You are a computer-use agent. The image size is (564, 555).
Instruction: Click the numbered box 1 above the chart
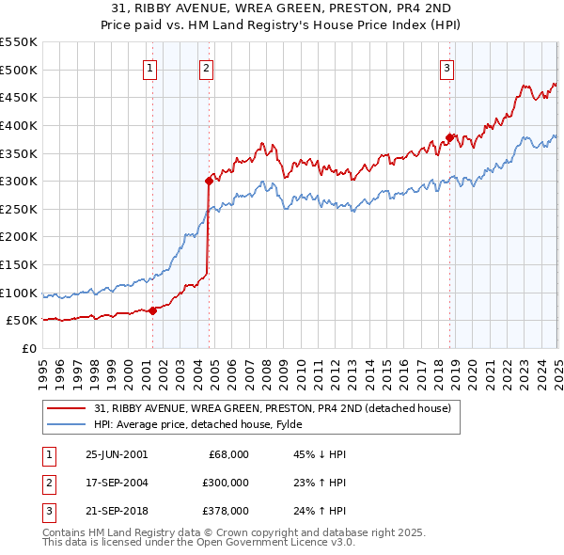[150, 67]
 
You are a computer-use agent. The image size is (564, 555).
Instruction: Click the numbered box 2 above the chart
[206, 67]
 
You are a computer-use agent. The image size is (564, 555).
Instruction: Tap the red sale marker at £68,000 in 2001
[153, 310]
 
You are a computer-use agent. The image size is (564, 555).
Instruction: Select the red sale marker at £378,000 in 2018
[449, 137]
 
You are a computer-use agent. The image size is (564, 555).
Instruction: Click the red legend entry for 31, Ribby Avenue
[273, 408]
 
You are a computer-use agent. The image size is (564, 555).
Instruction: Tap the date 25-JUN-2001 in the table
[117, 454]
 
